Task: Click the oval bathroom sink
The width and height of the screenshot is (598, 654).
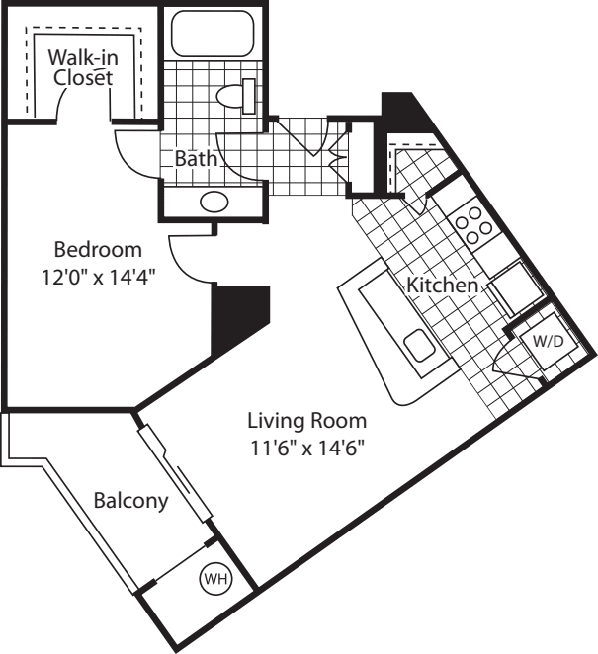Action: [214, 203]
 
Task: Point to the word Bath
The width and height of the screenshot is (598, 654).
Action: [196, 158]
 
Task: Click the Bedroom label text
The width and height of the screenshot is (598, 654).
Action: [98, 249]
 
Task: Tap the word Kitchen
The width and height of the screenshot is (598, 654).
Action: [444, 286]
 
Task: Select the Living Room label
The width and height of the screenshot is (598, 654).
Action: [306, 419]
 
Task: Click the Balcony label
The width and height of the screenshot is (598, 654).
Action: [130, 501]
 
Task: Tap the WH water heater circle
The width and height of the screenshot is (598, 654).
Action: [214, 579]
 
